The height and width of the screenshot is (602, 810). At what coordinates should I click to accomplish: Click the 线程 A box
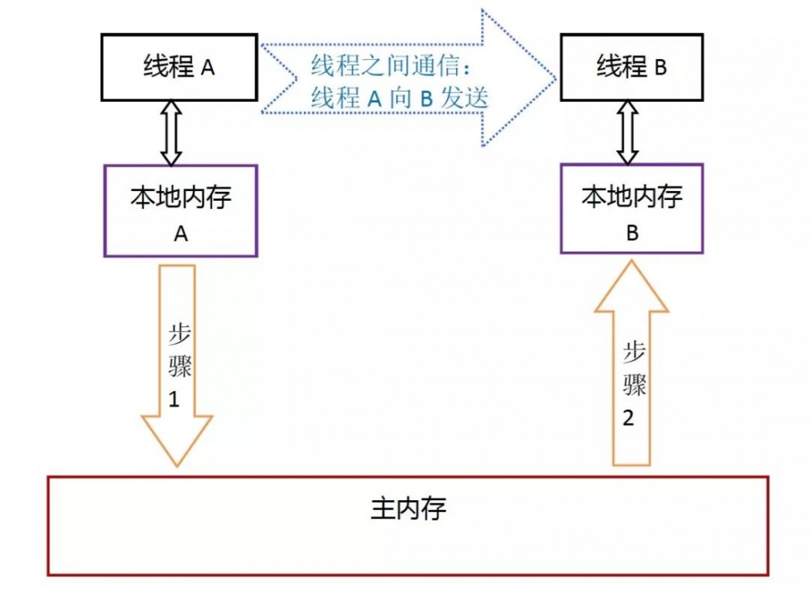coord(180,67)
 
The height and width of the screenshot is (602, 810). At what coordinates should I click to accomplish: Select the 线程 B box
coord(632,67)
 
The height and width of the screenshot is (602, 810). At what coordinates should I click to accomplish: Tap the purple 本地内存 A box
coord(181,211)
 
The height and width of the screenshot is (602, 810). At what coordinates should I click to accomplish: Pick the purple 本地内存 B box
coord(632,209)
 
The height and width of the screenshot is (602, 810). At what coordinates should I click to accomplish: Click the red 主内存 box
coord(408,526)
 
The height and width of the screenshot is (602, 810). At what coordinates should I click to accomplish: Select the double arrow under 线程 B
coord(629,132)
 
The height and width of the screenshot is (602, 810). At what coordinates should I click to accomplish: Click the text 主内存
coord(408,509)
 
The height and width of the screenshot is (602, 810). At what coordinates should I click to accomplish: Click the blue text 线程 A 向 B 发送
coord(400,98)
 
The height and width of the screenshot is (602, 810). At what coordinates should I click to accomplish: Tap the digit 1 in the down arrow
coord(174,399)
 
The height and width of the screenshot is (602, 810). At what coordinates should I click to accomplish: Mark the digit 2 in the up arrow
coord(629,418)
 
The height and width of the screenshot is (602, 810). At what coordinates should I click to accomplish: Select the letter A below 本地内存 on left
coord(181,234)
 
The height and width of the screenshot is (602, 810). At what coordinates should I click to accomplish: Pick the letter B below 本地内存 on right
coord(633,233)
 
